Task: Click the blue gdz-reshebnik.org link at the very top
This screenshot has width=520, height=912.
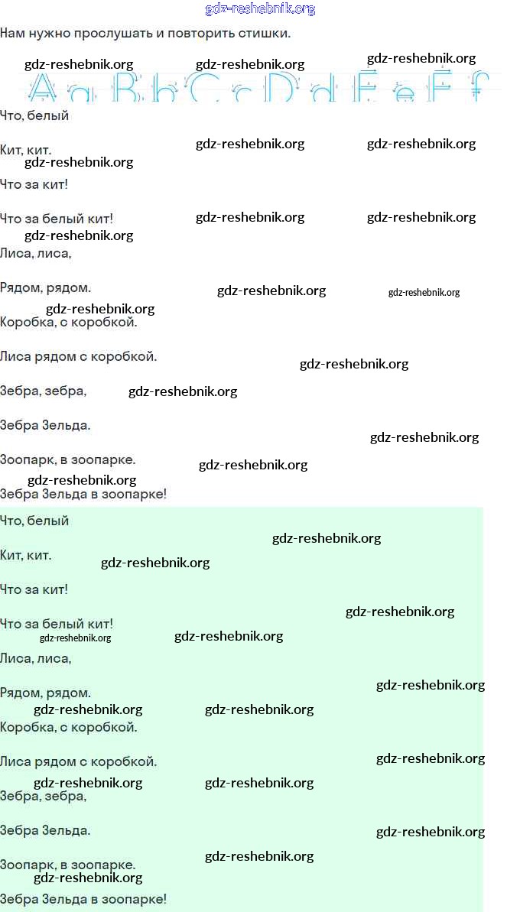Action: coord(260,9)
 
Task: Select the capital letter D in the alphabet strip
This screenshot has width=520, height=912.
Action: coord(281,89)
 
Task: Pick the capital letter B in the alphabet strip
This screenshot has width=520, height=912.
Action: coord(128,89)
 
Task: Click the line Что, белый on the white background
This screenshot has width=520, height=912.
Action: coord(34,116)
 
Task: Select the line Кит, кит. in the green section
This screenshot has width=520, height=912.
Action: coord(26,556)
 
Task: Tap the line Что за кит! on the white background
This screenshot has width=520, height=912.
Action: coord(34,185)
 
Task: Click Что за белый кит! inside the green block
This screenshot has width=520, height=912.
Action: coord(57,625)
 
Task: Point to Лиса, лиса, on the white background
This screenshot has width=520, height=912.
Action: coord(36,253)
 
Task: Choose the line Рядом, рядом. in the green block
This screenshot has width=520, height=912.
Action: coord(45,693)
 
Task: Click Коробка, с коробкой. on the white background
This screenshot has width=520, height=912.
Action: coord(69,323)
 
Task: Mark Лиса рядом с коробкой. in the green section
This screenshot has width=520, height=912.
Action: coord(78,762)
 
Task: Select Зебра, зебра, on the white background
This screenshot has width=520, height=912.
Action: coord(43,391)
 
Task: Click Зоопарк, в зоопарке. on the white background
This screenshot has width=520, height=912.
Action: coord(67,460)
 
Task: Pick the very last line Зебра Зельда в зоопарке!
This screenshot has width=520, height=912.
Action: coord(83,900)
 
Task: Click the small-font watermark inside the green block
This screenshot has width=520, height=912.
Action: coord(75,638)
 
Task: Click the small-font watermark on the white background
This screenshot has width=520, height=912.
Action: coord(424,293)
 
